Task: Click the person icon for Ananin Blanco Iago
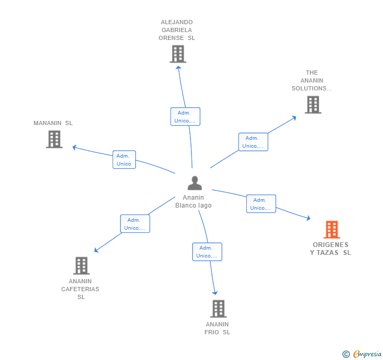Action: coord(195,183)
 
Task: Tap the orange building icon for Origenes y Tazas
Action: coord(331,230)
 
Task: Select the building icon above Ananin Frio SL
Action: coord(218,308)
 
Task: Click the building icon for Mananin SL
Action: coord(54,139)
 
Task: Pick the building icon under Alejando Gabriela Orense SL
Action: coord(178,54)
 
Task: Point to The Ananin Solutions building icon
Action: coord(313,105)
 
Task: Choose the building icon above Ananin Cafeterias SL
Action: coord(81,265)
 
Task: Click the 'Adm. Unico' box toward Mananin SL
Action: coord(124,160)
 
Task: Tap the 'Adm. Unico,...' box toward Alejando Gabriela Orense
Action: coord(185,117)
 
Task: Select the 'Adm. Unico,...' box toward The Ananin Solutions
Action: coord(253,142)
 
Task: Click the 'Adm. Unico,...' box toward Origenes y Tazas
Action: coord(261,204)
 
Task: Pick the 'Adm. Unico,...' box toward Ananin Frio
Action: coord(207,252)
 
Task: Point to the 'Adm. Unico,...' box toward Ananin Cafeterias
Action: coord(135,224)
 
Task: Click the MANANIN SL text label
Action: coord(53,123)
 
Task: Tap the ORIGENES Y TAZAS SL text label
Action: coord(330,249)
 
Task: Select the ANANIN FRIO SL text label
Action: coord(217,328)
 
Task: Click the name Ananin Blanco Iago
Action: coord(194,201)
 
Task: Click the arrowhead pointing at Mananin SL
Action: coord(75,147)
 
